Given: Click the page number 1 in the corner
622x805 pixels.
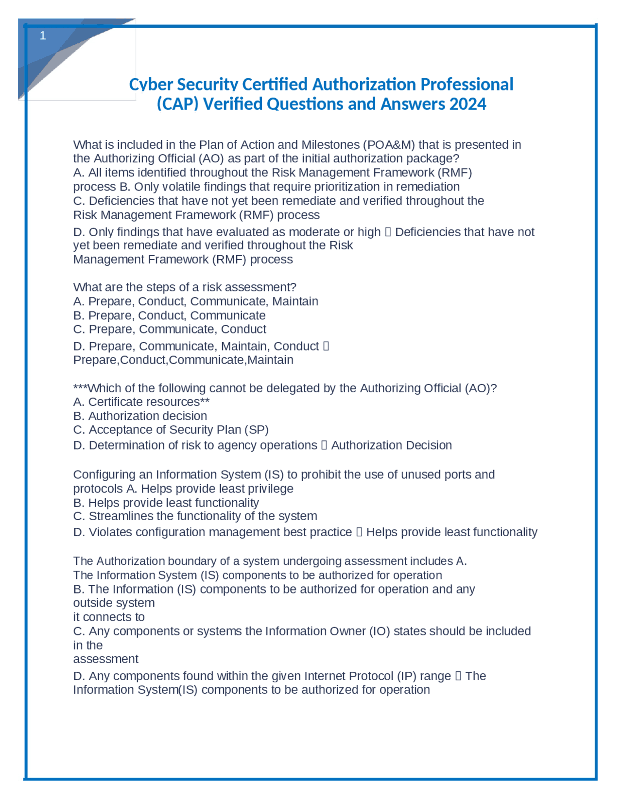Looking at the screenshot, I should (x=43, y=35).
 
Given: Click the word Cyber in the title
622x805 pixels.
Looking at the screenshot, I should (x=151, y=85).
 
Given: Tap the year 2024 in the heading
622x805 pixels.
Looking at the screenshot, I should (x=467, y=104).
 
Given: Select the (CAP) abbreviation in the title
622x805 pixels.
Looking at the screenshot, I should (x=177, y=104).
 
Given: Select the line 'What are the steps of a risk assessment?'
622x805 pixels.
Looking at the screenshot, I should (x=185, y=287).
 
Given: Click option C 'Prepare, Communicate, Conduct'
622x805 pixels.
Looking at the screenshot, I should (x=170, y=330).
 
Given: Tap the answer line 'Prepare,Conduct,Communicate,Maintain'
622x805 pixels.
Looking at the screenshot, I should (x=183, y=360).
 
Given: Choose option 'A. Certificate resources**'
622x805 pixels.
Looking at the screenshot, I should (x=141, y=402).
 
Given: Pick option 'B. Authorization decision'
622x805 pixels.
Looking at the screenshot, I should (x=140, y=416).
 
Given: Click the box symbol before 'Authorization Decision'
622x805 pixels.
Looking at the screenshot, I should (x=324, y=446).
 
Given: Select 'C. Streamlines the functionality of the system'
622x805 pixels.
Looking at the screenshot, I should (x=195, y=516).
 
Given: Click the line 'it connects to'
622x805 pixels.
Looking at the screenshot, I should (x=109, y=617).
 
